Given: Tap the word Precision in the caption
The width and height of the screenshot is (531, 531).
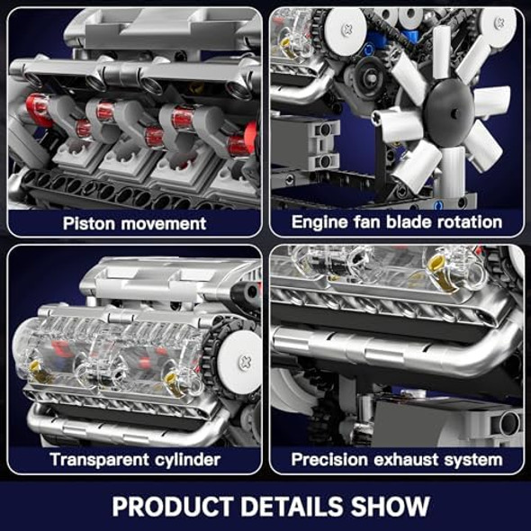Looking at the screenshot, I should click(328, 460).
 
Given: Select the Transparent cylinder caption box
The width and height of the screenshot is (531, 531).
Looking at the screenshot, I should click(134, 460).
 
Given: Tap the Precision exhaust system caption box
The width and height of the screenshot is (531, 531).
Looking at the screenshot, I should click(397, 460).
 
